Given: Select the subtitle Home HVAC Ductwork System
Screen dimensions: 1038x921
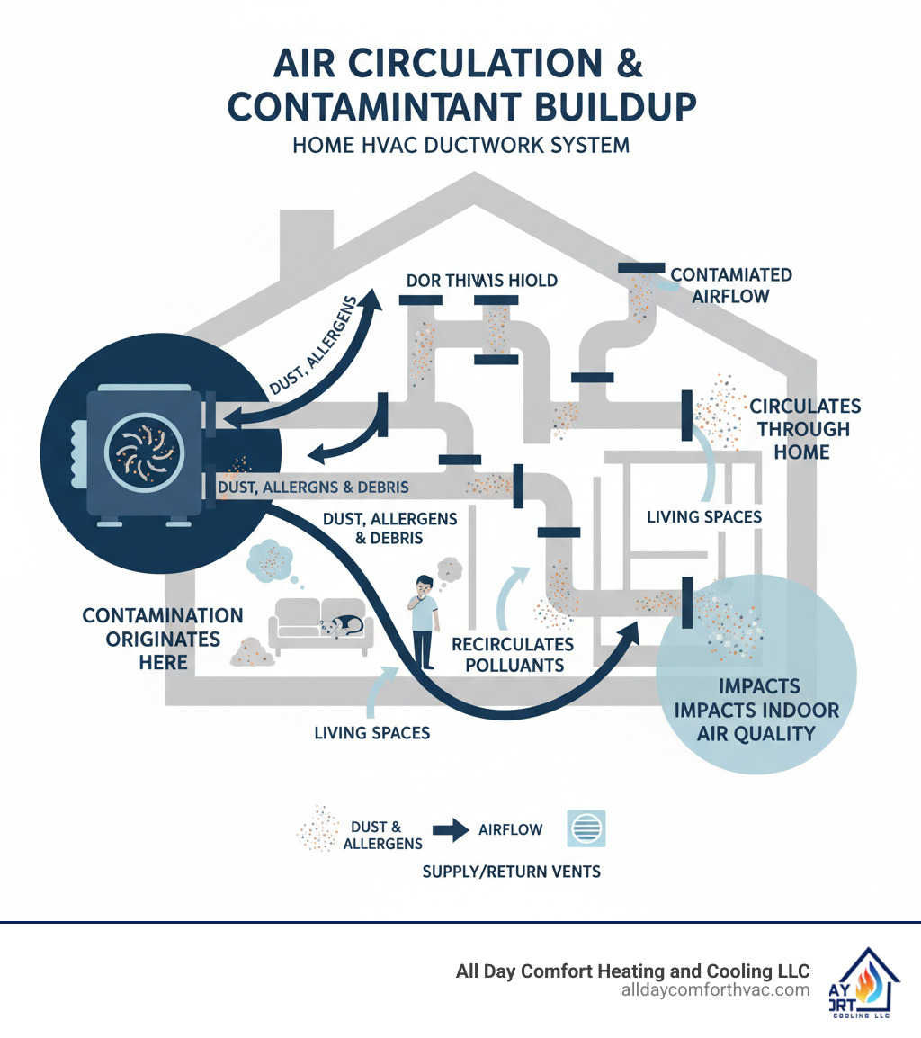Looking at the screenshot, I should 460,144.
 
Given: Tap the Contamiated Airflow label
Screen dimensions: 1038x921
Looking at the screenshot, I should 730,284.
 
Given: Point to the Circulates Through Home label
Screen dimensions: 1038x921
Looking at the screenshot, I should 805,429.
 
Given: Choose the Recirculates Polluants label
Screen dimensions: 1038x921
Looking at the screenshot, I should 512,655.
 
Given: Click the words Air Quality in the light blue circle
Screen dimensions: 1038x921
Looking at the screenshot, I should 756,733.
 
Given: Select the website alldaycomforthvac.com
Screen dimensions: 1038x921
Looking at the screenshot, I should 715,990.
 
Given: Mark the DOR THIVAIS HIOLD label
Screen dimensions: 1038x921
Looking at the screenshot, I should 481,281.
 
